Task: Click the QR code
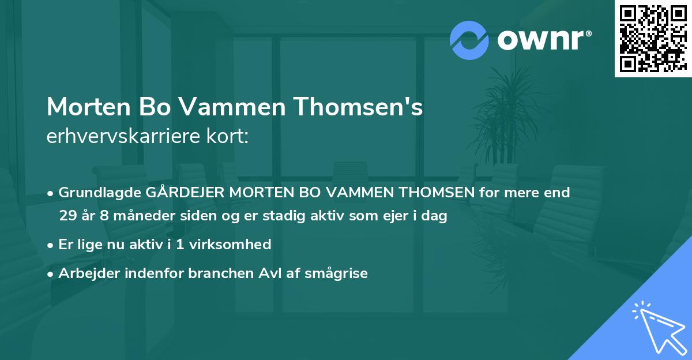[653, 39]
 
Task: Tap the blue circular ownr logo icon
[469, 40]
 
